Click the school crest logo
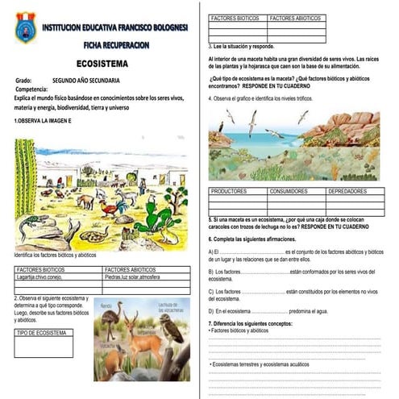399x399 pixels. click(x=25, y=27)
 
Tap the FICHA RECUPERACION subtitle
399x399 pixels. click(x=112, y=45)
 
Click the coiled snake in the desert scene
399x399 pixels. click(x=94, y=235)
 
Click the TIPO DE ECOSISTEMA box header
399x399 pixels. click(x=41, y=332)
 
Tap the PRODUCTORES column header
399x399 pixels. click(x=233, y=191)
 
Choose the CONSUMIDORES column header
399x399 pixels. click(x=293, y=191)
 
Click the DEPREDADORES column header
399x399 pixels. click(x=352, y=191)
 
